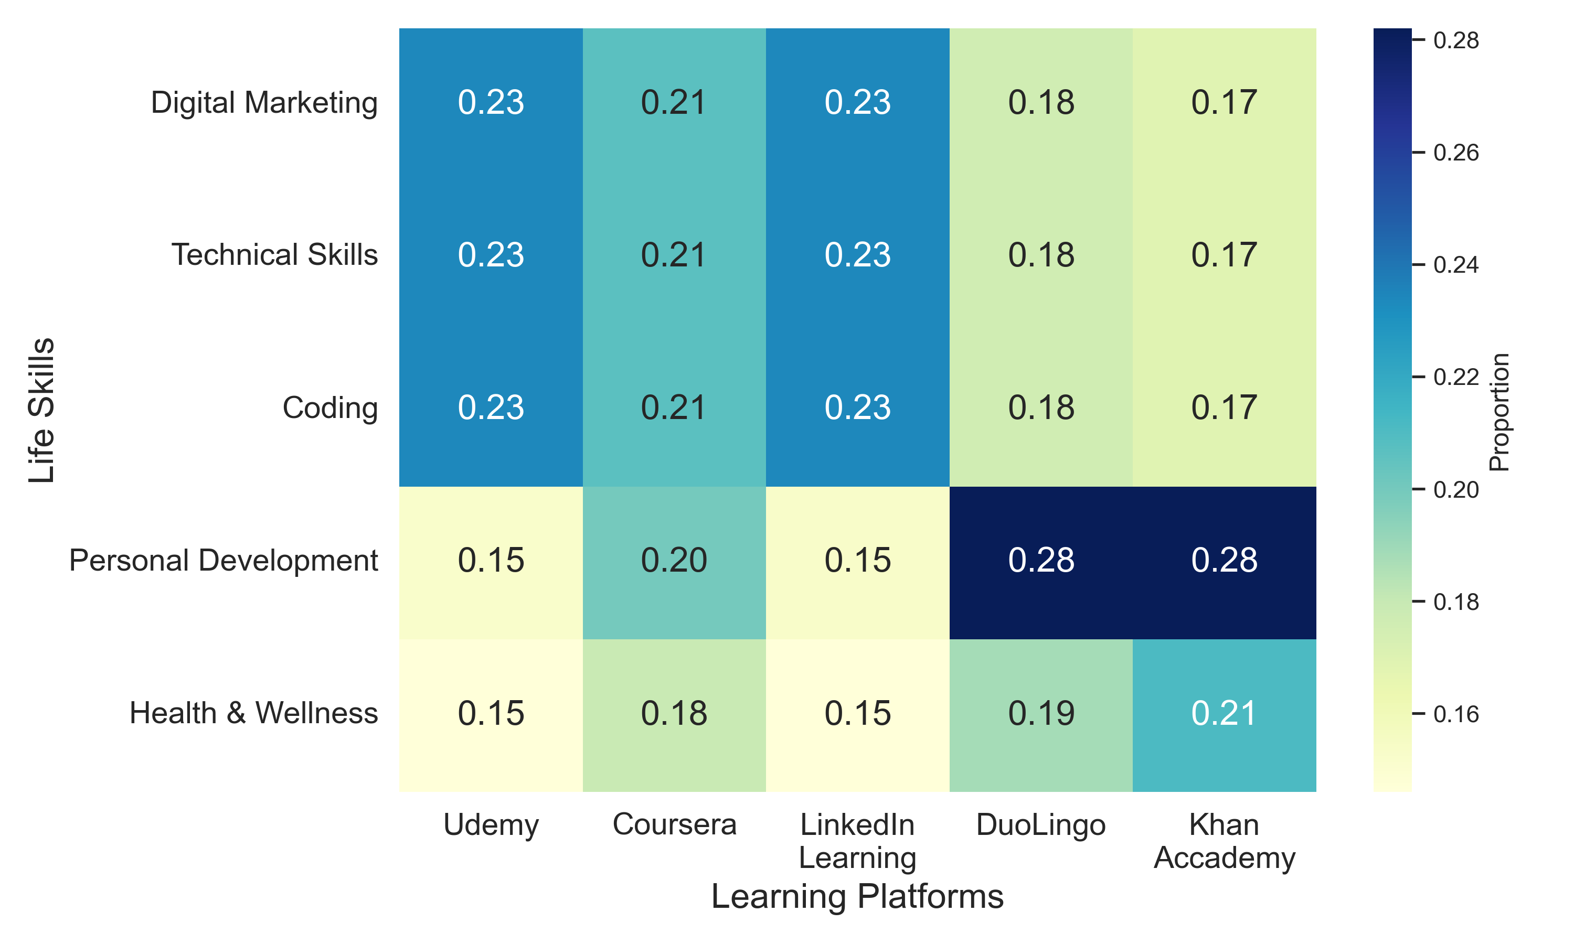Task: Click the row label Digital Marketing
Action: [264, 103]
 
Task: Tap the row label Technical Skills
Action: [274, 255]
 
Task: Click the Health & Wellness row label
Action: [253, 714]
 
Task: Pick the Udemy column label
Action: [491, 825]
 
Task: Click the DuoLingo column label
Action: [1041, 825]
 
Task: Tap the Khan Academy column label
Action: [1224, 841]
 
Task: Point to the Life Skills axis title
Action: [42, 410]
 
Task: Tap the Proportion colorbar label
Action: [1499, 412]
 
